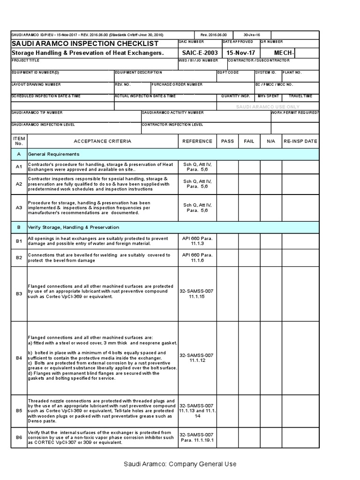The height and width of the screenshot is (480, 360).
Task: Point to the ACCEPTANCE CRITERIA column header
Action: [103, 141]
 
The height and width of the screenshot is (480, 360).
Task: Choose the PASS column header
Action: [227, 141]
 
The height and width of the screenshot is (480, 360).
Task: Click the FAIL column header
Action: [249, 141]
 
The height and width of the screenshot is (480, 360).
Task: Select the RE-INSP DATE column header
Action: [300, 141]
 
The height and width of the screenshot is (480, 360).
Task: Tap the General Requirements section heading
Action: [54, 154]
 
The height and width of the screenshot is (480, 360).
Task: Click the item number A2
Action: [19, 184]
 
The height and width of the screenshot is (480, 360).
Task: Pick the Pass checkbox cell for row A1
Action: [227, 167]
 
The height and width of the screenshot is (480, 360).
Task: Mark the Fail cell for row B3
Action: [249, 294]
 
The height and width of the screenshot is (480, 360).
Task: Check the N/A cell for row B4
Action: [270, 358]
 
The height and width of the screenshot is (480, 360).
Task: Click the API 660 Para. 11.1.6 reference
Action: [197, 257]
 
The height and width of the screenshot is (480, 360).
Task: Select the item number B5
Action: [19, 410]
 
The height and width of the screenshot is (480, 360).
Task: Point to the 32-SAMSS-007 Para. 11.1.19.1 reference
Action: [197, 438]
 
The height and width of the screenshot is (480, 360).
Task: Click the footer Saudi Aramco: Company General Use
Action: [180, 464]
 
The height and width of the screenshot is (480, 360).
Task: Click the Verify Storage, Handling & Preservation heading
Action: [74, 227]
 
